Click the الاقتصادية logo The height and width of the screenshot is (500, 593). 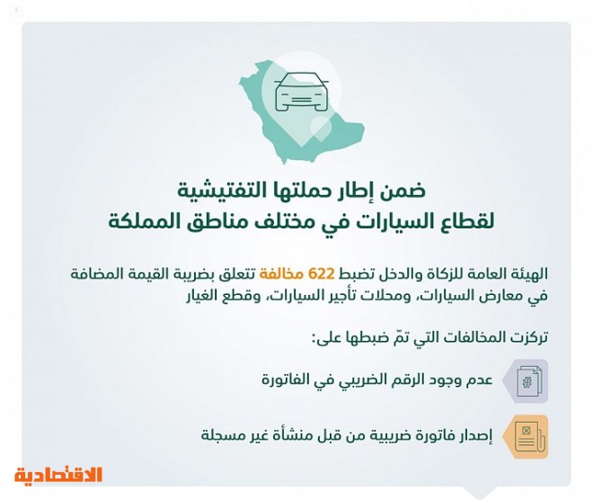(x=58, y=475)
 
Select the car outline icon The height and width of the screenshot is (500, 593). (x=301, y=92)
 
